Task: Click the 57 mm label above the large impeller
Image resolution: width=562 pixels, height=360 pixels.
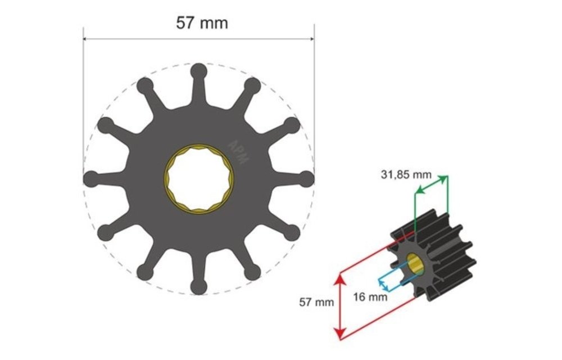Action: point(202,23)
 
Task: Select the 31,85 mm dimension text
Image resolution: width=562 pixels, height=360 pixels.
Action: point(406,175)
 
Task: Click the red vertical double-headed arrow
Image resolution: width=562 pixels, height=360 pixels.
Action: point(339,306)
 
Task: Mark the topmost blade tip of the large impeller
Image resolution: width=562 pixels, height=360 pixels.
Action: point(198,71)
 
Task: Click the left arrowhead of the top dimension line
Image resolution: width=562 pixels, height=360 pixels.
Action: point(86,39)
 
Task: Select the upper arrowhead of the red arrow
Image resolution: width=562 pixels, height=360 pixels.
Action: point(339,276)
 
